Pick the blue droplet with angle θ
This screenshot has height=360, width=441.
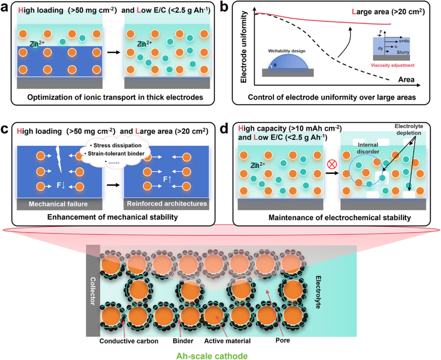click(287, 62)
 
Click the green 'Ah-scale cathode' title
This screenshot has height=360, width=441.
click(220, 354)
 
